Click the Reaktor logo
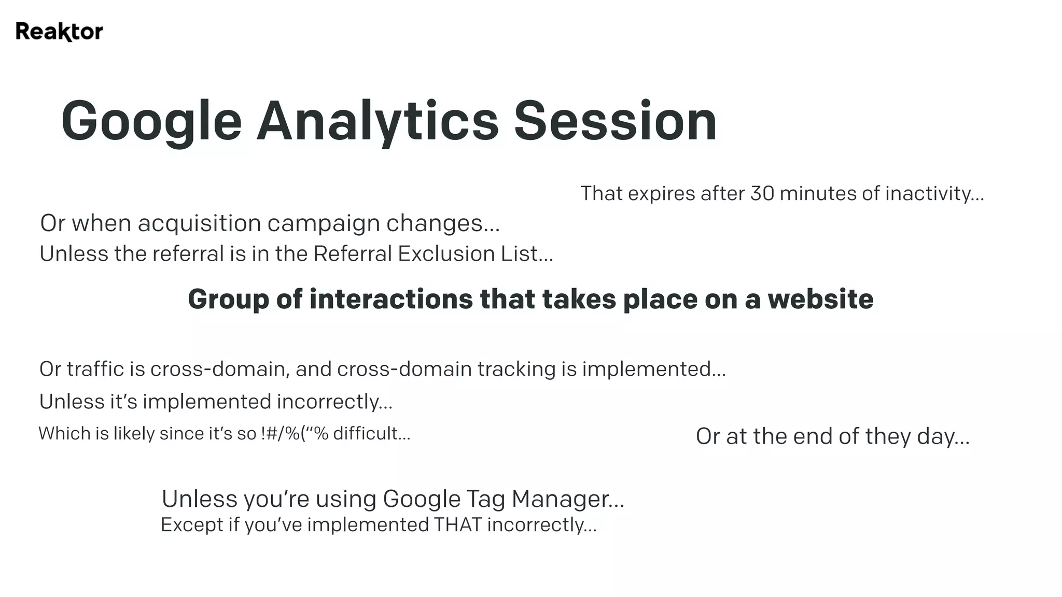tap(59, 32)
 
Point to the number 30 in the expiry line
tap(762, 193)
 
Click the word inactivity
tap(933, 193)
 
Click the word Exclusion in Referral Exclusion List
tap(446, 254)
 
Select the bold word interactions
tap(391, 299)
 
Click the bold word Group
tap(228, 300)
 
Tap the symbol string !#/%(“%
tap(295, 433)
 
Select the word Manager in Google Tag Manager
tap(567, 499)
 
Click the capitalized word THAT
tap(458, 525)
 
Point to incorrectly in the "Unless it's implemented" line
tap(334, 402)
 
